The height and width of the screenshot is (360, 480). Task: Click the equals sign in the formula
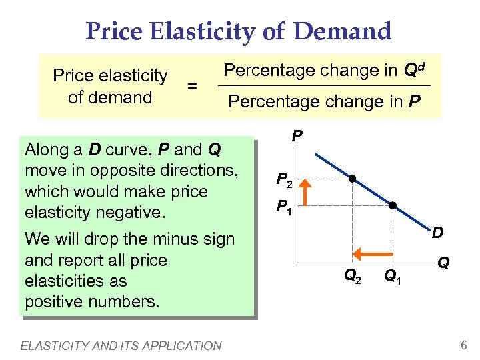click(x=192, y=86)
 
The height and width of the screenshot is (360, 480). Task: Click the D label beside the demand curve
click(x=438, y=233)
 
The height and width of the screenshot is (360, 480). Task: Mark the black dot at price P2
click(x=352, y=179)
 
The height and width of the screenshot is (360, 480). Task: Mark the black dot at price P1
click(x=393, y=206)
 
